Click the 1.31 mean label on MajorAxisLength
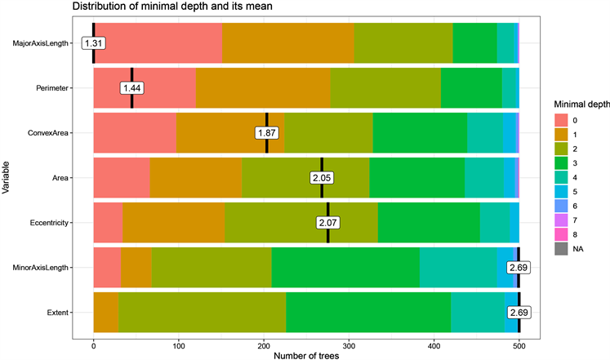coord(94,43)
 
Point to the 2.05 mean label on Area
coord(322,177)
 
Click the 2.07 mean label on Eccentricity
coord(328,222)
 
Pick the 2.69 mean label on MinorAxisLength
coord(518,267)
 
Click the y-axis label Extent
coord(59,312)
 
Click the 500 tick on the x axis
coord(519,343)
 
